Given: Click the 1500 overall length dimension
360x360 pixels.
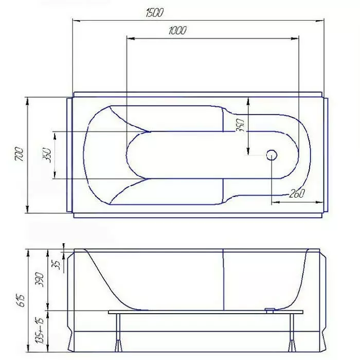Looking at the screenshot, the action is [x=154, y=13].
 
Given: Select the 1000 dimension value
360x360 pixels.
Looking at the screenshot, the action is [x=177, y=30].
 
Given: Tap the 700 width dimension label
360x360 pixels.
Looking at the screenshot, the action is [x=19, y=154].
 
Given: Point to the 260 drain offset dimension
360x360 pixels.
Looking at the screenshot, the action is [x=297, y=193].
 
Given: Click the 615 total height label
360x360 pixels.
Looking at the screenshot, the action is [x=21, y=300].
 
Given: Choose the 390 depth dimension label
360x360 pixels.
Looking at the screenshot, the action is [x=39, y=279].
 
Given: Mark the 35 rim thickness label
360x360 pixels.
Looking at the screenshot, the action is [x=56, y=264].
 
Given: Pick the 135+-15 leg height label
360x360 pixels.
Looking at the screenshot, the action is [x=40, y=330].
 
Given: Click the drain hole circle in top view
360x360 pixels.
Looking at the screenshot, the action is [x=272, y=155].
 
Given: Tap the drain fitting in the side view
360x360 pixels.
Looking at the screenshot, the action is [x=270, y=310].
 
